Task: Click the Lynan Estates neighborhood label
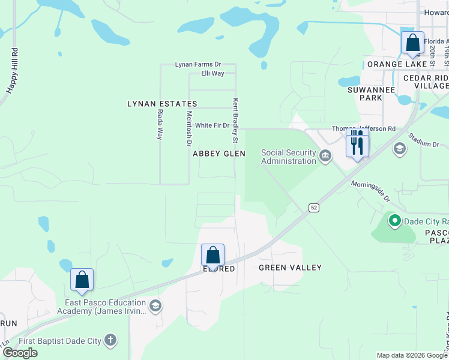pyautogui.click(x=162, y=104)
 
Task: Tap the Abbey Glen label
pyautogui.click(x=219, y=154)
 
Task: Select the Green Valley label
pyautogui.click(x=290, y=268)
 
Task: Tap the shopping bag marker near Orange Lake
pyautogui.click(x=412, y=43)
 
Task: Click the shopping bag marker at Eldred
pyautogui.click(x=212, y=255)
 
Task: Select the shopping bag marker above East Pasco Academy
pyautogui.click(x=82, y=280)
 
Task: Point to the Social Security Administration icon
pyautogui.click(x=325, y=157)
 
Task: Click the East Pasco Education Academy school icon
pyautogui.click(x=155, y=307)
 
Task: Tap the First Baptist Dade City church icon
pyautogui.click(x=110, y=341)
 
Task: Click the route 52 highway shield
pyautogui.click(x=314, y=207)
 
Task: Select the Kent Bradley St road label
pyautogui.click(x=236, y=121)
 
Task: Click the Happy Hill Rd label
pyautogui.click(x=12, y=70)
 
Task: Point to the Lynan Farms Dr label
pyautogui.click(x=197, y=64)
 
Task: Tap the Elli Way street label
pyautogui.click(x=212, y=73)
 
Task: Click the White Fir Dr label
pyautogui.click(x=212, y=125)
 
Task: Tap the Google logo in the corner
pyautogui.click(x=19, y=353)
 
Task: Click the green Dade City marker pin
pyautogui.click(x=394, y=221)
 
